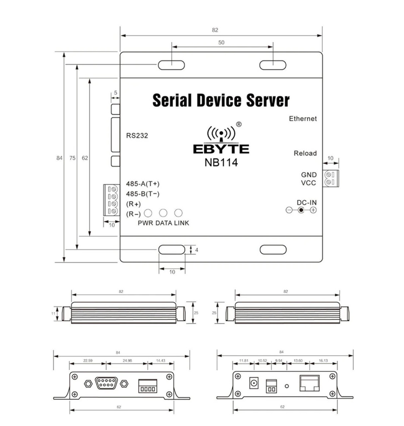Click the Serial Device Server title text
pyautogui.click(x=221, y=101)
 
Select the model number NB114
pyautogui.click(x=221, y=163)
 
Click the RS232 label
pyautogui.click(x=137, y=136)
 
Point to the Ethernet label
pyautogui.click(x=303, y=119)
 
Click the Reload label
pyautogui.click(x=305, y=153)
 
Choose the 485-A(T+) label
pyautogui.click(x=143, y=184)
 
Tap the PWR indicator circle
pyautogui.click(x=148, y=213)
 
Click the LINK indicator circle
pyautogui.click(x=179, y=213)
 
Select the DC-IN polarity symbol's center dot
pyautogui.click(x=301, y=210)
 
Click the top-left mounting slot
pyautogui.click(x=172, y=65)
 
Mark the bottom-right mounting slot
pyautogui.click(x=273, y=250)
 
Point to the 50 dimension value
pyautogui.click(x=221, y=43)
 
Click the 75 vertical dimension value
pyautogui.click(x=72, y=158)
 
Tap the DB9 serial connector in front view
pyautogui.click(x=106, y=383)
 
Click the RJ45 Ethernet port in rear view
pyautogui.click(x=310, y=383)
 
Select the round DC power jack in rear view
pyautogui.click(x=254, y=383)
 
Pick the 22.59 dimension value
pyautogui.click(x=88, y=361)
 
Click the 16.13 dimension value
pyautogui.click(x=323, y=361)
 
